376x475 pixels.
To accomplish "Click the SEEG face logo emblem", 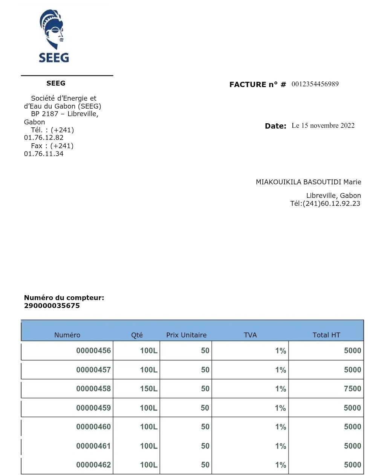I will point(52,29).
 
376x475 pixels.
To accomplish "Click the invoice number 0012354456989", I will point(315,84).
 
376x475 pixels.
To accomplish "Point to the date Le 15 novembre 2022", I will point(323,126).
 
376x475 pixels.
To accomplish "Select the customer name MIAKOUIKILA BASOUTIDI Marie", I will point(308,182).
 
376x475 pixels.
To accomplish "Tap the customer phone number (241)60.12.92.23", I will point(331,204).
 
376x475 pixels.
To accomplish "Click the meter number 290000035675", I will point(52,306).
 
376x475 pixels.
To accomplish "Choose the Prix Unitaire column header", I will point(186,335).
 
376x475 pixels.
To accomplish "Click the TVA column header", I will point(250,335).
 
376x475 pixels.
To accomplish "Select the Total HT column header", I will point(326,335).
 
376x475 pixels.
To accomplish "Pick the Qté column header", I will point(137,335).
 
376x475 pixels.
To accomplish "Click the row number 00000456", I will point(93,351).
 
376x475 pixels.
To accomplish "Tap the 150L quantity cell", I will point(149,389).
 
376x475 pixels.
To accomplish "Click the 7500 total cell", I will point(352,389).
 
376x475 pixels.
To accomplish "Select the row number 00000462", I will point(93,465).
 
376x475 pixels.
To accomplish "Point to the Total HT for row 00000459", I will point(352,408).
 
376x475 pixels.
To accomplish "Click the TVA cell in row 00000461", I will point(280,446).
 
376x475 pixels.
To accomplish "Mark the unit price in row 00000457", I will point(205,370).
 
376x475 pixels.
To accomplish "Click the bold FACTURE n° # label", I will point(258,84).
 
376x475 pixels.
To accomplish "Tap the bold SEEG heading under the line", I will point(56,83).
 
